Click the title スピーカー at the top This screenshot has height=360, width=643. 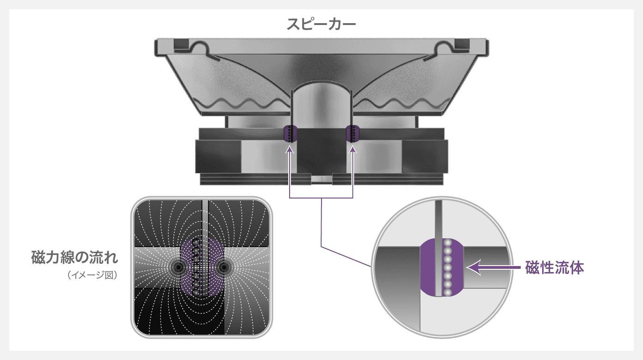click(x=321, y=24)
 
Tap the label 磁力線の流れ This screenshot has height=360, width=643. click(x=74, y=257)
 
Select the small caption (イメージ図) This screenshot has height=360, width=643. click(x=93, y=275)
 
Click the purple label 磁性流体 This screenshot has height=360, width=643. click(x=555, y=267)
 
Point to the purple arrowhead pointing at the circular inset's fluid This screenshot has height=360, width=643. click(x=474, y=267)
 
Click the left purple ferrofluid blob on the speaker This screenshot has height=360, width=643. click(x=290, y=133)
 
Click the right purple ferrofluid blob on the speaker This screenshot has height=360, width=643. click(x=353, y=133)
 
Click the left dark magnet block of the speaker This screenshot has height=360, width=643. click(x=218, y=156)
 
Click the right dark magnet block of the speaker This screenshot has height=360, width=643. click(x=425, y=156)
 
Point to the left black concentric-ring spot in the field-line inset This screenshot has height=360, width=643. click(x=179, y=267)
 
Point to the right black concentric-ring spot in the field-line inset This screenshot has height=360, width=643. click(x=223, y=267)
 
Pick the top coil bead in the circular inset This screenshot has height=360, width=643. click(x=447, y=243)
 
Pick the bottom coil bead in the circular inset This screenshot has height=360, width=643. click(x=447, y=292)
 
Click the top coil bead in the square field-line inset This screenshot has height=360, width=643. click(x=196, y=242)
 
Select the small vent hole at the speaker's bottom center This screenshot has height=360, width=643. click(x=321, y=179)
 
